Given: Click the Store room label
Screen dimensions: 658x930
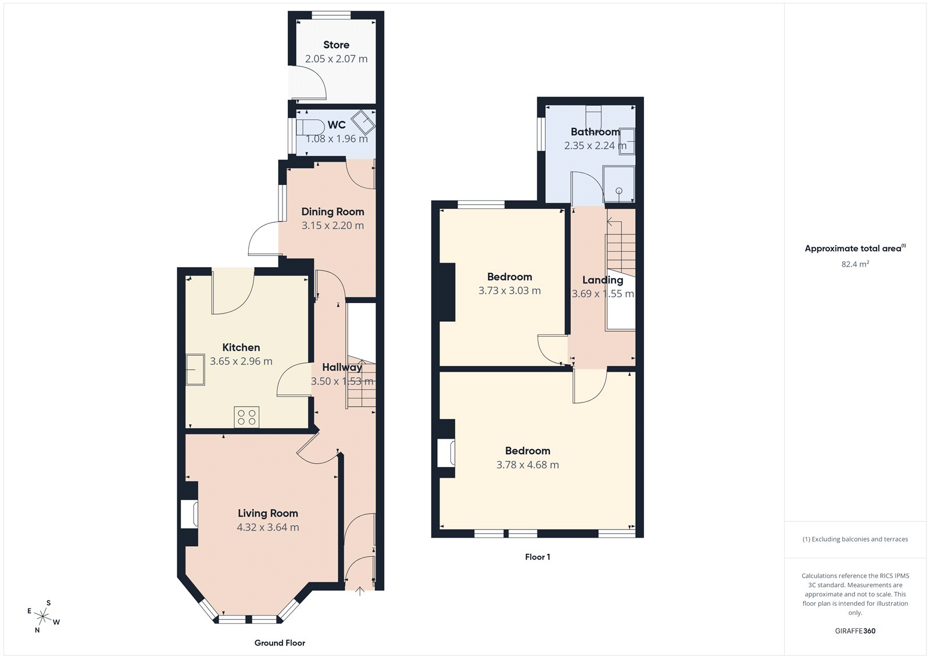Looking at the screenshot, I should [x=336, y=45].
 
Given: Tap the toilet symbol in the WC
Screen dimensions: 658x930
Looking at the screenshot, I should [x=310, y=127].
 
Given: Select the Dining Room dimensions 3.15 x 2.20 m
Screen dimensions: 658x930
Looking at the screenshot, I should [x=332, y=226].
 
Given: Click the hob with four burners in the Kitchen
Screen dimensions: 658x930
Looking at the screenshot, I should [x=246, y=417].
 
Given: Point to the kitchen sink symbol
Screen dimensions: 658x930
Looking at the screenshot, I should [x=195, y=369].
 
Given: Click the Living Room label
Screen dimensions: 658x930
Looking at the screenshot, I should [x=267, y=513].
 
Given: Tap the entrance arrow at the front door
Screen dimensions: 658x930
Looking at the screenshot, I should [x=360, y=591].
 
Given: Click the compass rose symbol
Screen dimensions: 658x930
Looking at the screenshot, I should [x=43, y=616].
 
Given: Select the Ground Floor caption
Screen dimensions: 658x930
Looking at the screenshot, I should [x=280, y=643].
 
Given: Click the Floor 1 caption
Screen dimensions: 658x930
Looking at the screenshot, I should [x=537, y=557].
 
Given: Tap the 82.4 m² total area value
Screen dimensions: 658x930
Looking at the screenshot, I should [x=855, y=264].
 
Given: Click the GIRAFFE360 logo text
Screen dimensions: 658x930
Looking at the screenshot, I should [x=855, y=631].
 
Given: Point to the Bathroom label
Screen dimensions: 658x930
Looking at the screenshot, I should [x=595, y=131].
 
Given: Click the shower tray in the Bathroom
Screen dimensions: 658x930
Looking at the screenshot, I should [x=618, y=184].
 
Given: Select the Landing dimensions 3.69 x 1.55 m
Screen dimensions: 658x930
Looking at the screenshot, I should [x=603, y=294].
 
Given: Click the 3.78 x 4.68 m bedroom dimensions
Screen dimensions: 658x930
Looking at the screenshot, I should [x=527, y=465].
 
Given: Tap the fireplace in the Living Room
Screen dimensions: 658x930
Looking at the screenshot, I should [x=189, y=514].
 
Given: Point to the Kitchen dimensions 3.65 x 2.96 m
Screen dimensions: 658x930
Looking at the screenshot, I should [x=241, y=361].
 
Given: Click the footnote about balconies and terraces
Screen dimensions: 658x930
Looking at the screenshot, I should [x=855, y=539].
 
